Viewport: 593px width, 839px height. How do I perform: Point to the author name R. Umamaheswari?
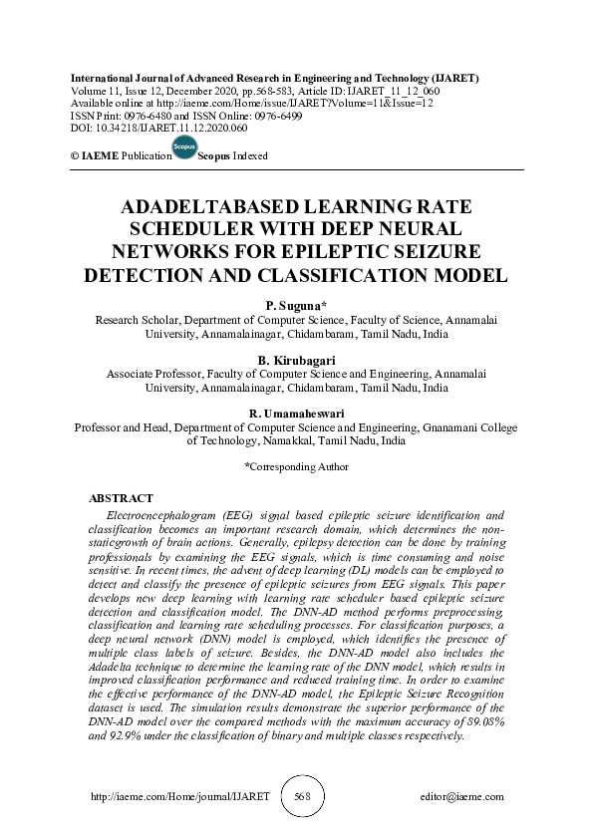295,414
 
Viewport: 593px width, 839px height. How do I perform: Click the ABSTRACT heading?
121,497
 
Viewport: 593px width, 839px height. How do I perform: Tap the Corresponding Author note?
297,466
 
